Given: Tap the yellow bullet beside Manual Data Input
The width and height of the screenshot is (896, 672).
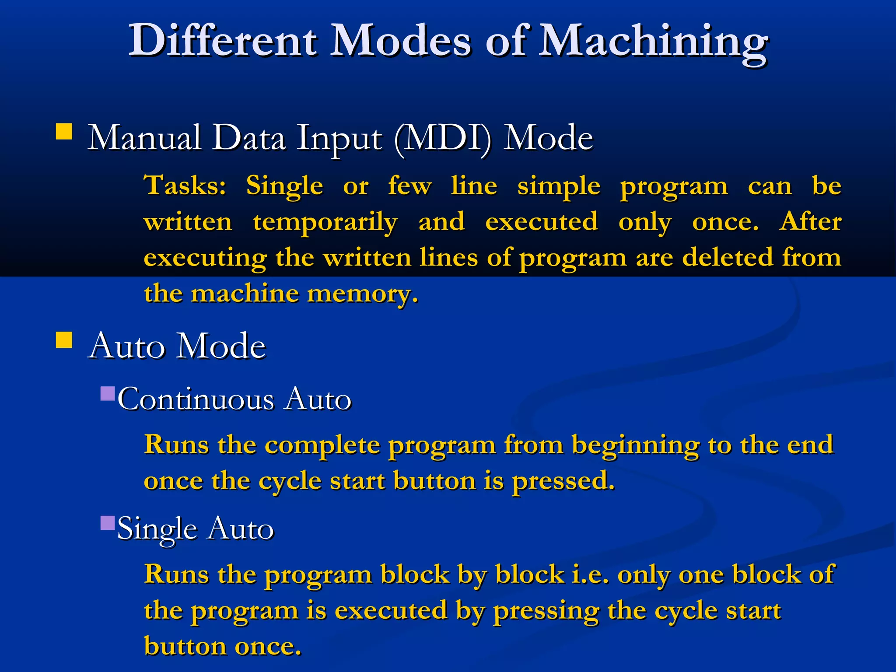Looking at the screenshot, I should [64, 131].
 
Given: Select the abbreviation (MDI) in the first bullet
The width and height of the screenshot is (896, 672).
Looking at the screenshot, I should [443, 139].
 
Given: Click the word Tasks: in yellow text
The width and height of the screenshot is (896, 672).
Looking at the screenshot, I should [185, 185].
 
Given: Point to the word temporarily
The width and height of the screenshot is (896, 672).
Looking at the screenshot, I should [325, 222].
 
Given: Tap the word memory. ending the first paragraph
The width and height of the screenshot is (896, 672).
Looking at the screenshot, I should [363, 294].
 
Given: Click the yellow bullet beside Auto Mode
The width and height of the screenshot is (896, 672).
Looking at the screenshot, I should [64, 339].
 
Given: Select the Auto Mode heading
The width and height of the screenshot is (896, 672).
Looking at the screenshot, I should [177, 346].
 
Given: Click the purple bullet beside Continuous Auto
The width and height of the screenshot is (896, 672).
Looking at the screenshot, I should [107, 394].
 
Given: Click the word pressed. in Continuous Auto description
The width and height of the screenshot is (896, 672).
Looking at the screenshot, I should [563, 482].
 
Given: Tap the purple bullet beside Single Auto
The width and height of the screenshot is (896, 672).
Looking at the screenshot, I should [107, 523].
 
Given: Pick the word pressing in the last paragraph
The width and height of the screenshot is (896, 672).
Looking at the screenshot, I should [546, 611].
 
